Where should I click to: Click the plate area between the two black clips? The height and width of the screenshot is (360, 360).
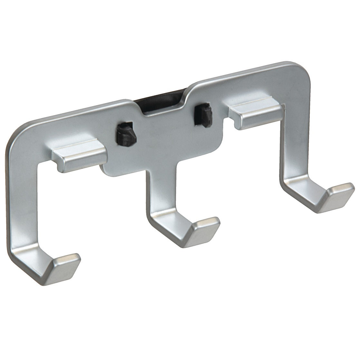pos(164,129)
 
